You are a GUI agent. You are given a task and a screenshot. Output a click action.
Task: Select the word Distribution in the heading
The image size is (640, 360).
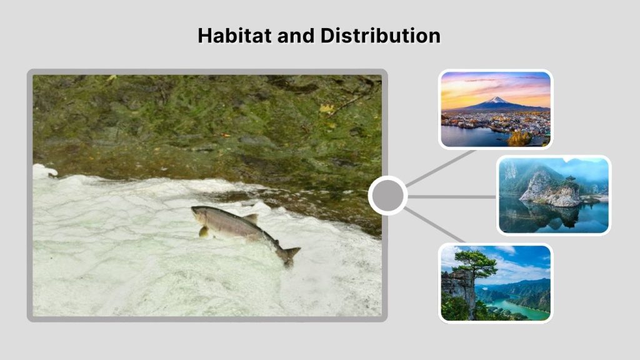click(380, 36)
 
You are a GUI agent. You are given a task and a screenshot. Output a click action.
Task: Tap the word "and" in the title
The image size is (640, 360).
click(294, 36)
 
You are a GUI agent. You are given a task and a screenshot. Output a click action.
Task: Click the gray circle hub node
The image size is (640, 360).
click(387, 196)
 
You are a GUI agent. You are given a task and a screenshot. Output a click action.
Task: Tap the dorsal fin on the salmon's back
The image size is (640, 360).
click(251, 217)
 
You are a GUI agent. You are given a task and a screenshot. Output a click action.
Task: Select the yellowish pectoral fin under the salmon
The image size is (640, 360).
click(204, 231)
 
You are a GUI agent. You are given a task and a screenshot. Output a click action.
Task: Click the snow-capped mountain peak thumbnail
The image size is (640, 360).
click(495, 109)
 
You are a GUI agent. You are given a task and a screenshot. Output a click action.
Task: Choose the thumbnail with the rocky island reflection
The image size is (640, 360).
click(554, 195)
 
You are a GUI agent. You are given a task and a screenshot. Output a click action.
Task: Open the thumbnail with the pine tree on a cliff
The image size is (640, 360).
click(495, 282)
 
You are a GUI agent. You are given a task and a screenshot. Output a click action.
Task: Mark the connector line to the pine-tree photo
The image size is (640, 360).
click(435, 225)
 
